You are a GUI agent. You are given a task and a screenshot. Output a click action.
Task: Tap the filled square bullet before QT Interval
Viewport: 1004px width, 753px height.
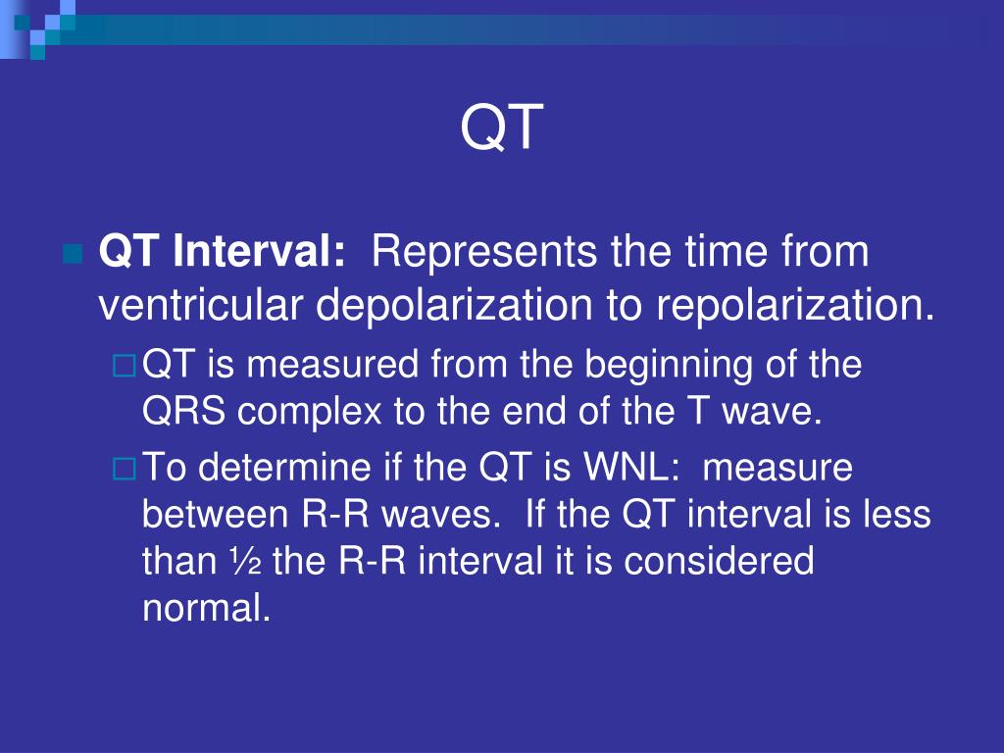pos(74,254)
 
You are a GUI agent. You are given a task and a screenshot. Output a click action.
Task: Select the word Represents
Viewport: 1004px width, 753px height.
pos(484,252)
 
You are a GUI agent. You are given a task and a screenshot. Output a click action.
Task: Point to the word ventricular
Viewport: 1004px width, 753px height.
pos(200,305)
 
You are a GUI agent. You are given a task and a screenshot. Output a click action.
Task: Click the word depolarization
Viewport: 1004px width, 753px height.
pos(454,306)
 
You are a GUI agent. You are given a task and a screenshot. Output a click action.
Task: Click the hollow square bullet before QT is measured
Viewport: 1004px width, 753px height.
pos(125,366)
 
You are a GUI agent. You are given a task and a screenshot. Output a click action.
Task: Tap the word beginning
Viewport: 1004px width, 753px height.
pos(668,365)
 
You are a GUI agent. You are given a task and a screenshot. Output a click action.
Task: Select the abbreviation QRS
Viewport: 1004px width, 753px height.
pos(183,411)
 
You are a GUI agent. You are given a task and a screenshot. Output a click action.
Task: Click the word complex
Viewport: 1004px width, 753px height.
pos(309,412)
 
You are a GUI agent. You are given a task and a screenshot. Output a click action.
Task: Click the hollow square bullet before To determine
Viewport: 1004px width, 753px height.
pos(125,469)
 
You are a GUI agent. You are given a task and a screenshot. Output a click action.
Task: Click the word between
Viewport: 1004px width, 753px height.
pos(215,514)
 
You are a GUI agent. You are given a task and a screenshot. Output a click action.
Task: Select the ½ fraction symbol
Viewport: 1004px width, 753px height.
pos(244,561)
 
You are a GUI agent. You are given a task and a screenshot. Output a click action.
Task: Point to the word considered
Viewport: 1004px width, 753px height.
pos(719,561)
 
